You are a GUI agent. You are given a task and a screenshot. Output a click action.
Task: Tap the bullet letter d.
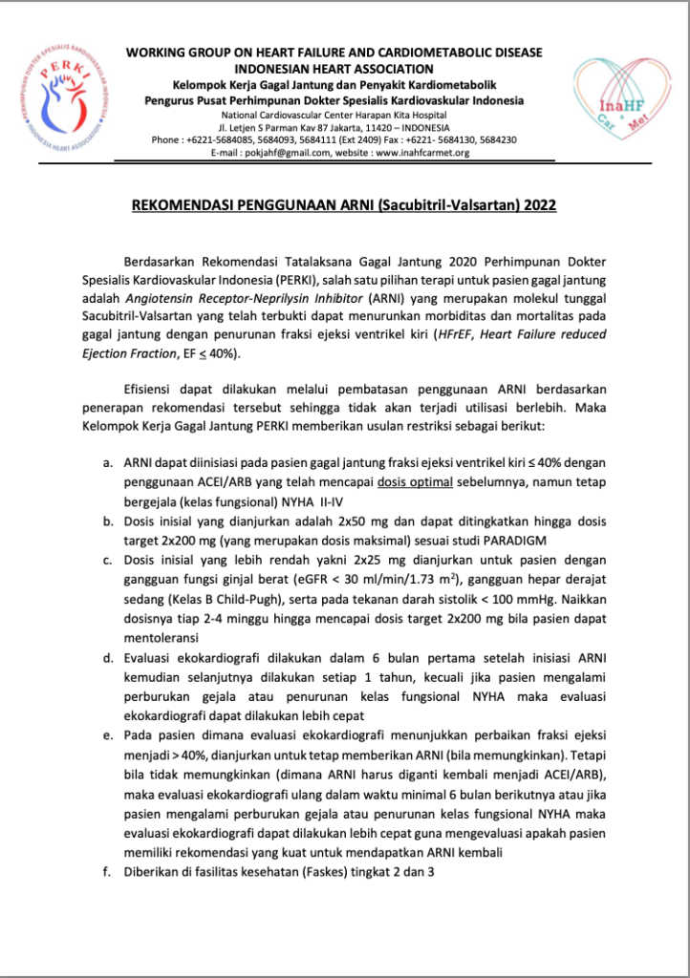click(x=107, y=660)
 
